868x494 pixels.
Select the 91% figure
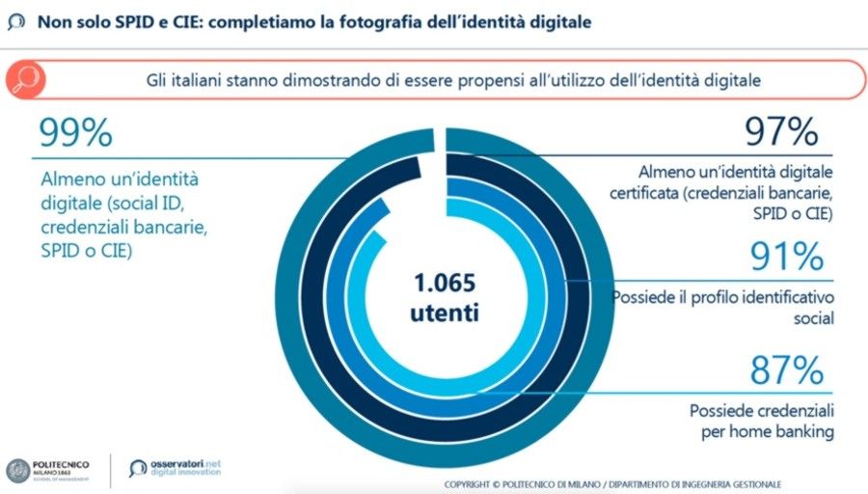pos(787,256)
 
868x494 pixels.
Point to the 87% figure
pos(787,370)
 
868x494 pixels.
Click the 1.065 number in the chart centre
pos(445,285)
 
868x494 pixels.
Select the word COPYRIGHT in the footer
pos(474,483)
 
